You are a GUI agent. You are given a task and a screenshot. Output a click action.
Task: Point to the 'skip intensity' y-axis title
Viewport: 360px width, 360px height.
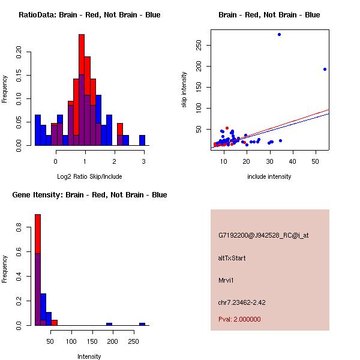tap(184, 90)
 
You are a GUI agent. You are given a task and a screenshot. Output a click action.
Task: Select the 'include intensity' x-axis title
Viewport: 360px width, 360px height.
tap(269, 176)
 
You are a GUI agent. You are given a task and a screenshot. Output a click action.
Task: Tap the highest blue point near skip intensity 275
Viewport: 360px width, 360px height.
tap(279, 34)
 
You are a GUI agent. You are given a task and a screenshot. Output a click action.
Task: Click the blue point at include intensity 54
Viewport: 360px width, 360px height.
tap(325, 69)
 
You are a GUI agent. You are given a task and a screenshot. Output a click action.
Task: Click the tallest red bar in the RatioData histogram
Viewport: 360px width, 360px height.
tap(81, 60)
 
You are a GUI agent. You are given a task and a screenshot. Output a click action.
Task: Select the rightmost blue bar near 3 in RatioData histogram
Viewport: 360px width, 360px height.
tap(142, 140)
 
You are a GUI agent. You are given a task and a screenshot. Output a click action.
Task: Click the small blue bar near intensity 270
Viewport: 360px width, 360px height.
tap(142, 324)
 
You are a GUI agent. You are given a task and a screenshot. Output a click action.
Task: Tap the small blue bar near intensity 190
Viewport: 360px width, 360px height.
tap(109, 324)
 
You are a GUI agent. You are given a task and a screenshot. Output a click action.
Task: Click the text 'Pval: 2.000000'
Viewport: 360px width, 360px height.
tap(239, 319)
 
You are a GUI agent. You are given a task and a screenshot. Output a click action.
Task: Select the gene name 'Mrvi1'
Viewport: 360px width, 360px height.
tap(226, 280)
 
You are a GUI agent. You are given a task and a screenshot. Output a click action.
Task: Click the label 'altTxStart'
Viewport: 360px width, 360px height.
tap(232, 258)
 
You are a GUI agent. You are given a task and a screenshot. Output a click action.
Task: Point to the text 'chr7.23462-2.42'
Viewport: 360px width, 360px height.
tap(242, 302)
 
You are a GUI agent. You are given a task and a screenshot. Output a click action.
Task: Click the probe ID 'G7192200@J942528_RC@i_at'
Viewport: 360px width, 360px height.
tap(263, 236)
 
